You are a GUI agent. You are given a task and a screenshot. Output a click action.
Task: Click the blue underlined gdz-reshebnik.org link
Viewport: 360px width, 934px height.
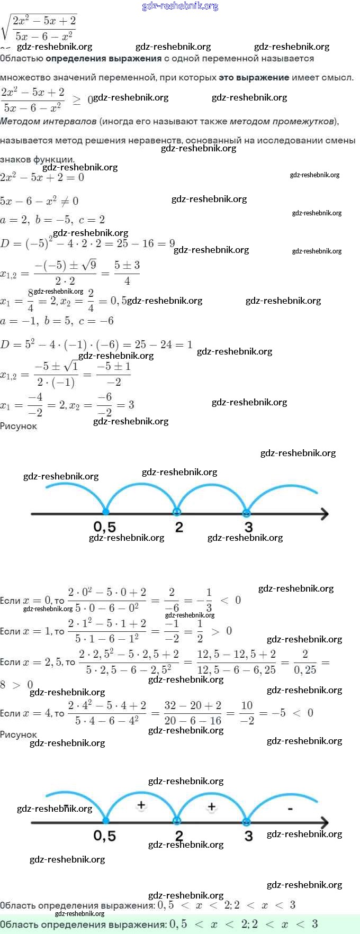pyautogui.click(x=180, y=6)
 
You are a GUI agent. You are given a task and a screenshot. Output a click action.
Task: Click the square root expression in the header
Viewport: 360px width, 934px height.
pyautogui.click(x=40, y=28)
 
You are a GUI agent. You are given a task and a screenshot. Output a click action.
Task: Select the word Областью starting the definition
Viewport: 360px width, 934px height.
pyautogui.click(x=21, y=59)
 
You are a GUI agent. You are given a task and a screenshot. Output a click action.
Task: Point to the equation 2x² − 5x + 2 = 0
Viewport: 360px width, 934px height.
pyautogui.click(x=42, y=177)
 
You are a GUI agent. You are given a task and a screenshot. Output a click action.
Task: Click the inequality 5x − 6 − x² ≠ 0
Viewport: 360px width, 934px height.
pyautogui.click(x=39, y=201)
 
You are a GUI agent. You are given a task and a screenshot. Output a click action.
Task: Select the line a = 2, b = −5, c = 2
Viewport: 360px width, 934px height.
pyautogui.click(x=52, y=220)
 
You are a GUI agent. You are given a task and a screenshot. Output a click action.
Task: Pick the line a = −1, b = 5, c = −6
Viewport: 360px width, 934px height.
pyautogui.click(x=57, y=321)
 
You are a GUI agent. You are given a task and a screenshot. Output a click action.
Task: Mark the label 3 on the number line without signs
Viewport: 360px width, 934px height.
pyautogui.click(x=248, y=527)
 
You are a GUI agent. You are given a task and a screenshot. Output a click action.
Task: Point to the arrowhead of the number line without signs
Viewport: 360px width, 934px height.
pyautogui.click(x=325, y=513)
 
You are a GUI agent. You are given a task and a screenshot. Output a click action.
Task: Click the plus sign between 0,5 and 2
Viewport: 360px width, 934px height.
pyautogui.click(x=141, y=805)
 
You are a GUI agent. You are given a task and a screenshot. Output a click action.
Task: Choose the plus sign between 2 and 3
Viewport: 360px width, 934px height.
pyautogui.click(x=212, y=806)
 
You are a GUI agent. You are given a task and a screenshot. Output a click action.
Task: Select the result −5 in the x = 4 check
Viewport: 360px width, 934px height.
pyautogui.click(x=278, y=713)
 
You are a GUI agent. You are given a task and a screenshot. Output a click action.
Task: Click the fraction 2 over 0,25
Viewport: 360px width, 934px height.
pyautogui.click(x=305, y=662)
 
